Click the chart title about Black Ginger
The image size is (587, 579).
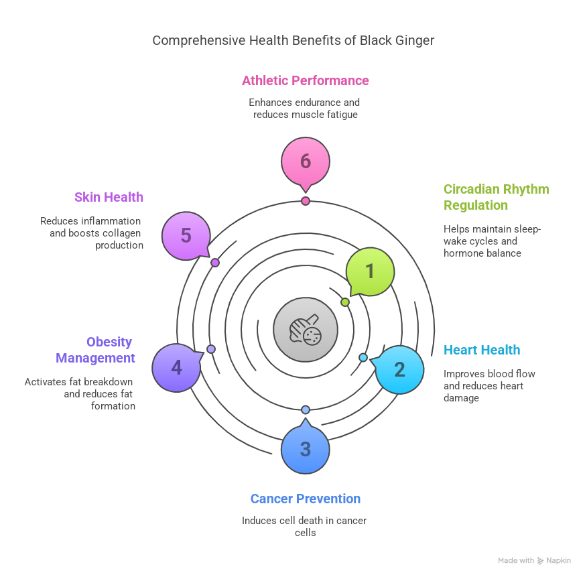pyautogui.click(x=293, y=40)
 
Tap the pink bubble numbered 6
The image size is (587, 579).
pyautogui.click(x=306, y=162)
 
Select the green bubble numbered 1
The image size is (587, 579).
pyautogui.click(x=369, y=271)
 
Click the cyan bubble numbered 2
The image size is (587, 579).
pyautogui.click(x=399, y=369)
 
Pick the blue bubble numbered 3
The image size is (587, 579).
pyautogui.click(x=306, y=449)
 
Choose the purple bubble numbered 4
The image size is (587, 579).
pyautogui.click(x=176, y=368)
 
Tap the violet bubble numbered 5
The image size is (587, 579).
pyautogui.click(x=186, y=236)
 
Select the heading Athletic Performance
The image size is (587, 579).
pyautogui.click(x=306, y=80)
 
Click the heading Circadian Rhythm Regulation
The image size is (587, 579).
pyautogui.click(x=496, y=197)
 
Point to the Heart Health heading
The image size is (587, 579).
pyautogui.click(x=482, y=350)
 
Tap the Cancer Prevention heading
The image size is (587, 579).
pyautogui.click(x=306, y=499)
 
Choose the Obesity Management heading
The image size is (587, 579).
pyautogui.click(x=96, y=350)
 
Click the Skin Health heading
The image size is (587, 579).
pyautogui.click(x=109, y=197)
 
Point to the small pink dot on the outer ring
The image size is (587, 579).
pyautogui.click(x=306, y=201)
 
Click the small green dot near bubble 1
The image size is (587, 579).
pyautogui.click(x=345, y=302)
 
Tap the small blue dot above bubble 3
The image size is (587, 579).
pyautogui.click(x=306, y=409)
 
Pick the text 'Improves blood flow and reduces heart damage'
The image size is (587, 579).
pyautogui.click(x=489, y=386)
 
